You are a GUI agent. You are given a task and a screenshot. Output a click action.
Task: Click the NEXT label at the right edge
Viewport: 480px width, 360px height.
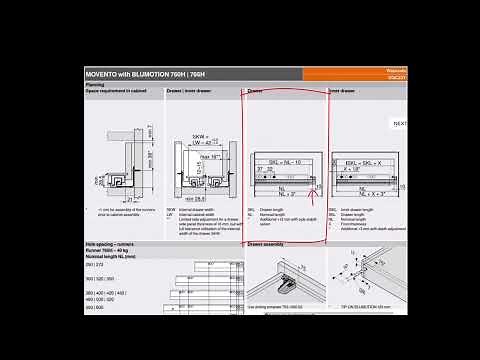coord(400,123)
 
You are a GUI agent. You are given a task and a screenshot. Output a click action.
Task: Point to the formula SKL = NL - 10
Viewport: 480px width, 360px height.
coord(275,161)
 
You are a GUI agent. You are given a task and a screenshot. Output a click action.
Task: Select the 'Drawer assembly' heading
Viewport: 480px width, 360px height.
coord(265,242)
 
